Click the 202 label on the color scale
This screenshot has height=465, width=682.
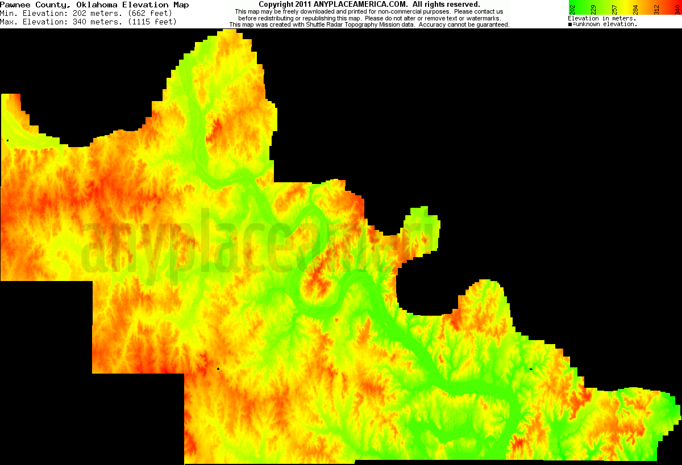pyautogui.click(x=572, y=9)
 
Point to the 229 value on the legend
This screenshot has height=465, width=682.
pyautogui.click(x=593, y=9)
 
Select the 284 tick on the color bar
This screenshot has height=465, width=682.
pyautogui.click(x=636, y=9)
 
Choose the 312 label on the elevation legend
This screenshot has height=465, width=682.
pyautogui.click(x=657, y=9)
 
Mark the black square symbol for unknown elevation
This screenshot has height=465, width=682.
pyautogui.click(x=570, y=24)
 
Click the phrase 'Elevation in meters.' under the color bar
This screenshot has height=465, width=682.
pyautogui.click(x=602, y=19)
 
